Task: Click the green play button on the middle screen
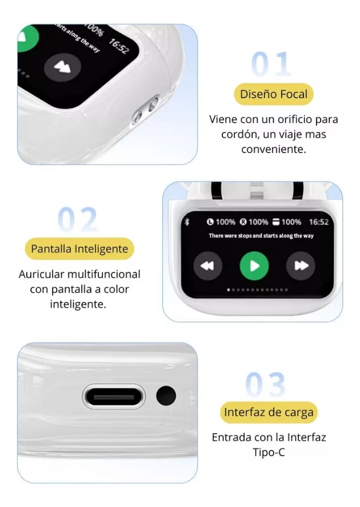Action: (x=254, y=266)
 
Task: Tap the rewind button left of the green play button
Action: (x=207, y=266)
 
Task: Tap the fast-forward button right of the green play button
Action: (x=301, y=266)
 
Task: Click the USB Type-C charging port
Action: (x=114, y=396)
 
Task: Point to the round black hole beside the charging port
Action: (x=166, y=396)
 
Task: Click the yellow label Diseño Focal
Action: (x=274, y=94)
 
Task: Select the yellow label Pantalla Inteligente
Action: (x=79, y=249)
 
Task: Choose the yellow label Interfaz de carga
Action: (x=269, y=412)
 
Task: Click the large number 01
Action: (x=271, y=64)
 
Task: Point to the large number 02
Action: (x=78, y=220)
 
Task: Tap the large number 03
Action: (x=266, y=384)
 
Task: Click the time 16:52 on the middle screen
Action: (x=318, y=222)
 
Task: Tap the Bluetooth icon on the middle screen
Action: (x=187, y=222)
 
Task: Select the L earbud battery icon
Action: (x=210, y=222)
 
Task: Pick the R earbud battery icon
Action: (x=243, y=222)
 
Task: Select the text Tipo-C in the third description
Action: (x=269, y=452)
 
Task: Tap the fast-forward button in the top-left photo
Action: (x=62, y=67)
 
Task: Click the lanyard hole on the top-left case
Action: (x=146, y=111)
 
